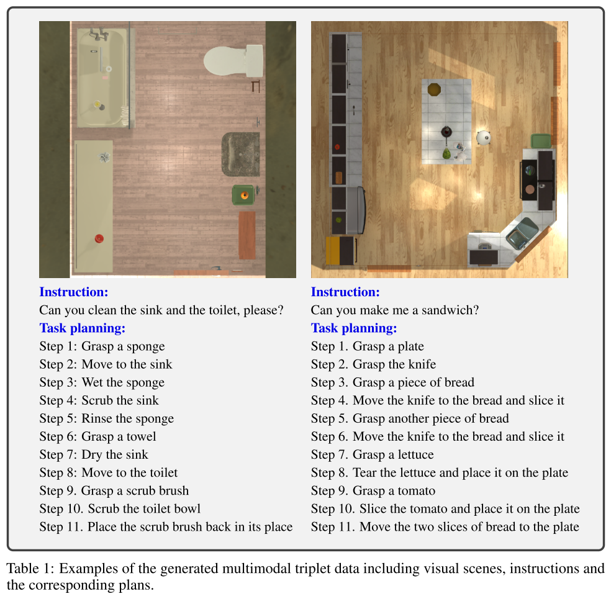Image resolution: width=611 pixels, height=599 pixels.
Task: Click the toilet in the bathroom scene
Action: pyautogui.click(x=233, y=61)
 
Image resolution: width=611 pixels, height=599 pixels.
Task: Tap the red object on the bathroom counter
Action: pyautogui.click(x=99, y=238)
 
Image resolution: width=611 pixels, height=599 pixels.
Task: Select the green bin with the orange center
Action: pyautogui.click(x=243, y=195)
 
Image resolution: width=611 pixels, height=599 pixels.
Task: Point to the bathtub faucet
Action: pyautogui.click(x=99, y=34)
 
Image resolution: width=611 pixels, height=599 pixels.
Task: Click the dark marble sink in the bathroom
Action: pyautogui.click(x=240, y=154)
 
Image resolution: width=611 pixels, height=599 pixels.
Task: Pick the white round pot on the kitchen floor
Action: pyautogui.click(x=484, y=137)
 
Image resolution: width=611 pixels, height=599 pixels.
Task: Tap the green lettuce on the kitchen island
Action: pyautogui.click(x=446, y=153)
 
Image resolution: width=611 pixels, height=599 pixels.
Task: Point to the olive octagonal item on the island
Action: pyautogui.click(x=434, y=89)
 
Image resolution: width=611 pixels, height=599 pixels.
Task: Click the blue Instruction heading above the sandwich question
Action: pyautogui.click(x=345, y=292)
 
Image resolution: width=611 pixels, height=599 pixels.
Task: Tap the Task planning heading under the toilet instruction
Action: pyautogui.click(x=82, y=328)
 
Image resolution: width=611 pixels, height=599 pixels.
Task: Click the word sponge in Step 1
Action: pyautogui.click(x=145, y=346)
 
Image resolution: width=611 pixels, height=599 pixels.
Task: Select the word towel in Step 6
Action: pyautogui.click(x=141, y=436)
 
